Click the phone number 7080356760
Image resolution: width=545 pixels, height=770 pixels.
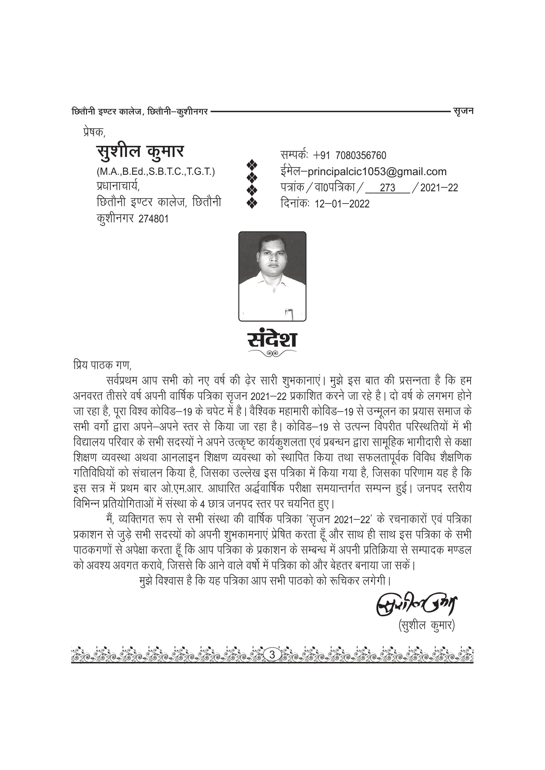[x=361, y=156]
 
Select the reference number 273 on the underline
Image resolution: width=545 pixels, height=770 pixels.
[x=387, y=188]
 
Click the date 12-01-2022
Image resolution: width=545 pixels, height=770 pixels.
[x=342, y=204]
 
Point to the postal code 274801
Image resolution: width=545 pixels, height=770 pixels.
[x=153, y=219]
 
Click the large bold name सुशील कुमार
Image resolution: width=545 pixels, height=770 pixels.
[x=140, y=151]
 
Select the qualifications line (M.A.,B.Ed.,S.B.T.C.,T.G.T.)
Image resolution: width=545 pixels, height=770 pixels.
[x=156, y=172]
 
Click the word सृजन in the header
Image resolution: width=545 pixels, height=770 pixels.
[x=463, y=111]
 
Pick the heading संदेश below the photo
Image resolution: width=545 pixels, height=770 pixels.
[x=272, y=339]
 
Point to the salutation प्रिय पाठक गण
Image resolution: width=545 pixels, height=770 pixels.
[x=102, y=364]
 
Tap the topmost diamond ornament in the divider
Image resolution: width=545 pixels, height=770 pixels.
[x=252, y=164]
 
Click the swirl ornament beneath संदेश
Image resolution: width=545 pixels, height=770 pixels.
[x=272, y=353]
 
